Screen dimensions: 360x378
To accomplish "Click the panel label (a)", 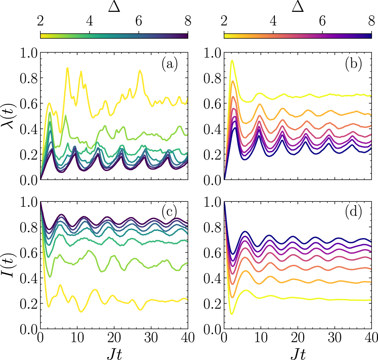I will click(x=170, y=65).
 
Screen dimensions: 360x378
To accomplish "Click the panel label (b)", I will click(x=354, y=65).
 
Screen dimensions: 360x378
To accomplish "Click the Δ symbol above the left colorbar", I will click(x=114, y=7).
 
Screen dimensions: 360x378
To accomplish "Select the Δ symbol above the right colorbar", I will click(x=298, y=7).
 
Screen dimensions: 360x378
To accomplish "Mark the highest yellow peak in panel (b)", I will click(x=232, y=60).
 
